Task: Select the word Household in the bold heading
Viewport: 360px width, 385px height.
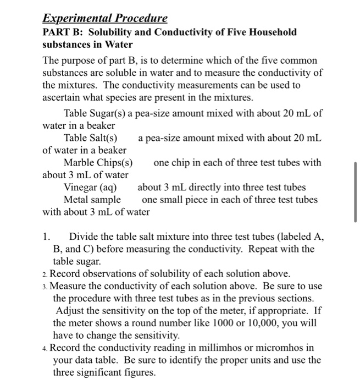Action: [x=273, y=32]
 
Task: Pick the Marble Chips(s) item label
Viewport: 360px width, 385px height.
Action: [x=98, y=163]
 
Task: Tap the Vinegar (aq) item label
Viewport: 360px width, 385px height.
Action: [x=90, y=188]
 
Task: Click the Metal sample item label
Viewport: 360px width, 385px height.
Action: [x=92, y=200]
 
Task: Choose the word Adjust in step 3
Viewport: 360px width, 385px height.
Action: [x=70, y=310]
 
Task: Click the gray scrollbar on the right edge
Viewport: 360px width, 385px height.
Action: [x=356, y=191]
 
